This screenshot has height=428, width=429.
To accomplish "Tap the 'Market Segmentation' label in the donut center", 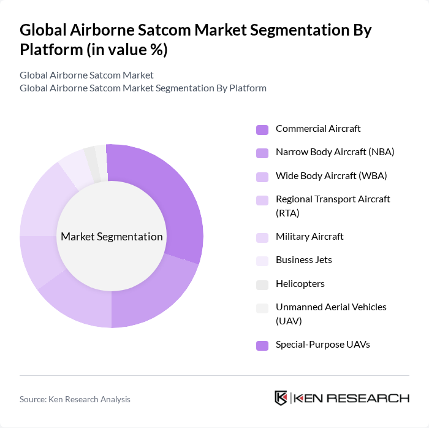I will click(112, 237).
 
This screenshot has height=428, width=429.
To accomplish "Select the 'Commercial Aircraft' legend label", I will click(318, 129).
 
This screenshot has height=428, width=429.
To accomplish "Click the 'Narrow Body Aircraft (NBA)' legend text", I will click(335, 152).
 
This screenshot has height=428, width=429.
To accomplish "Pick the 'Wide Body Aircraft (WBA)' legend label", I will click(331, 176).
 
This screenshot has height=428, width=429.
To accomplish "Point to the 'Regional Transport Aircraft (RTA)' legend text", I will click(333, 206).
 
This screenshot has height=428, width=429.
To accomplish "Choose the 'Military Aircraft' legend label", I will click(309, 237).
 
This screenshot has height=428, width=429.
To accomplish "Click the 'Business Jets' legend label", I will click(303, 260).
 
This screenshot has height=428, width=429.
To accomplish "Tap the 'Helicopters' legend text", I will click(300, 284).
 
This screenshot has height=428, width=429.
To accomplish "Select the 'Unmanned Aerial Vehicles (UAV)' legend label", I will click(331, 313).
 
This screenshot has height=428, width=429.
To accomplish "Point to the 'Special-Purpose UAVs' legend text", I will click(322, 345).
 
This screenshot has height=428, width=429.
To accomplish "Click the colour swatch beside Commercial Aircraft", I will click(262, 129).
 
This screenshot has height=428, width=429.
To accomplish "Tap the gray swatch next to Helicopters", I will click(262, 285).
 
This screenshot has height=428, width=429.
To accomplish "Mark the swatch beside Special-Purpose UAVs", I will click(262, 345).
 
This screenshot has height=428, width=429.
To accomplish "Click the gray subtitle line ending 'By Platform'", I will click(143, 88).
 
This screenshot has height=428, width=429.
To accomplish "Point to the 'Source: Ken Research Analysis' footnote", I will click(75, 399).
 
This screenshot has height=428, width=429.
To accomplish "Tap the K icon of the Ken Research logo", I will click(281, 398).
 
